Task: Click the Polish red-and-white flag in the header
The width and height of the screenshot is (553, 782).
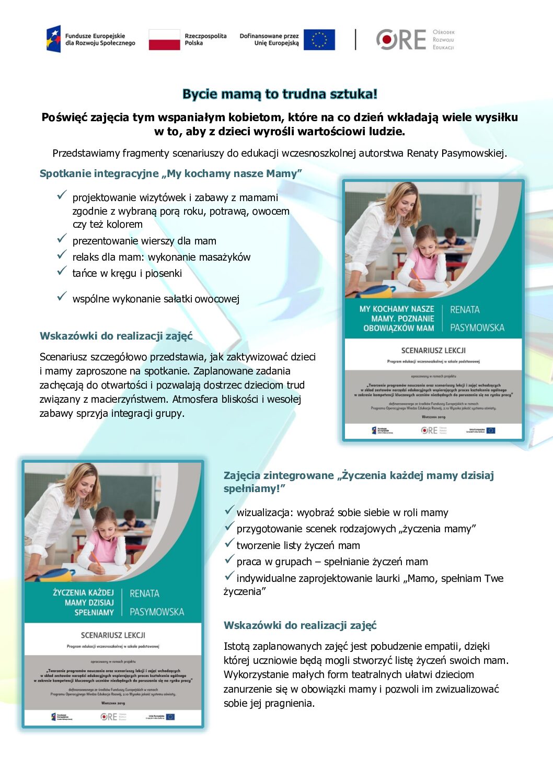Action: point(164,40)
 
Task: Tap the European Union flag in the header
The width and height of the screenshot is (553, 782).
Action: point(319,40)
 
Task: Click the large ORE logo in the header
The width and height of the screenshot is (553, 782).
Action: point(401,40)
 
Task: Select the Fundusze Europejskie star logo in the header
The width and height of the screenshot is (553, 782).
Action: point(53,39)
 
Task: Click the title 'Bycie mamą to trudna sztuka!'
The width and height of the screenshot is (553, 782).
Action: point(280,94)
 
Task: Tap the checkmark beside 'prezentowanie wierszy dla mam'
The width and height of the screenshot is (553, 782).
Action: point(62,239)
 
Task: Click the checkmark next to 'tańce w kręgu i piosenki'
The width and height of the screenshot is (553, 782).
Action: point(62,271)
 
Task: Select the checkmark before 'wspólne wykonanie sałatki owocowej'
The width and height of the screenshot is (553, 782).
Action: point(62,297)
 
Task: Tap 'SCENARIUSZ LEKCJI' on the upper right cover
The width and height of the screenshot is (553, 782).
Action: point(433,351)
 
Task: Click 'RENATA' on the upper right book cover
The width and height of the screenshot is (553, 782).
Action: point(465,310)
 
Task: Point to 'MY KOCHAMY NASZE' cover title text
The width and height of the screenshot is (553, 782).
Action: point(397,309)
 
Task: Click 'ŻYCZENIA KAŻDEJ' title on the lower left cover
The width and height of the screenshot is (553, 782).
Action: point(83,592)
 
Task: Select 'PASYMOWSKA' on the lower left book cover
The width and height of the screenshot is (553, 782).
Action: point(157,612)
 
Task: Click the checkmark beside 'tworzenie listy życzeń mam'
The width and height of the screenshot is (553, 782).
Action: point(229,543)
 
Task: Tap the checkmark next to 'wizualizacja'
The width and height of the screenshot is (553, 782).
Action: point(229,510)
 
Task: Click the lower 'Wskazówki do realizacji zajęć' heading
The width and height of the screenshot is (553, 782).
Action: point(300,625)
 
